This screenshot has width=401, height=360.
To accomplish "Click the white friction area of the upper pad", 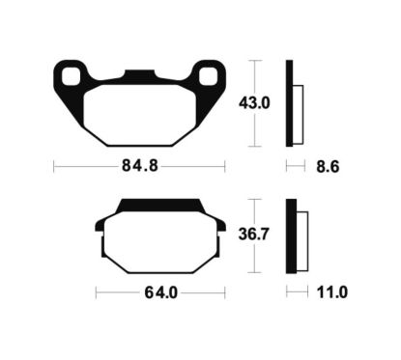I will tap(139, 112).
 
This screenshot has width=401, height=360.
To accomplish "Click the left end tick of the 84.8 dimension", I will tap(53, 166).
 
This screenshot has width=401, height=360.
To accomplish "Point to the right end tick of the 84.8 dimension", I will tap(225, 166).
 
